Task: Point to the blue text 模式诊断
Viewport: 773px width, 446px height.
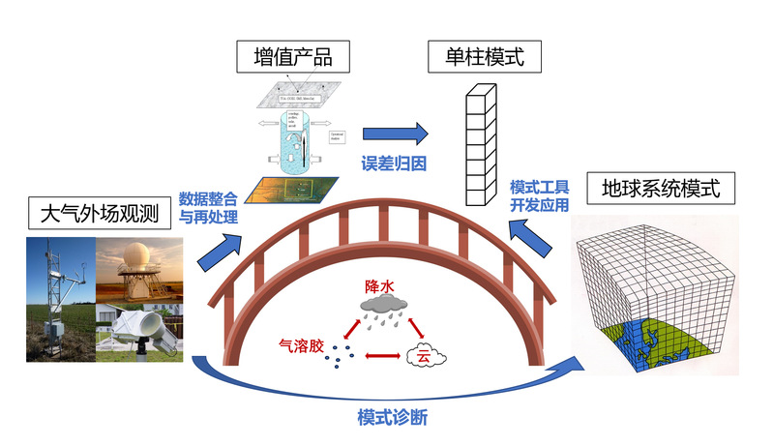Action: tap(392, 418)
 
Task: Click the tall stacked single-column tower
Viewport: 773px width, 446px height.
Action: tap(479, 145)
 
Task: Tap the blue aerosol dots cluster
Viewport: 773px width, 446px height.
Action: tap(337, 356)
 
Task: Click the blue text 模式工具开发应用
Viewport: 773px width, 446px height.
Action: tap(539, 194)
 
